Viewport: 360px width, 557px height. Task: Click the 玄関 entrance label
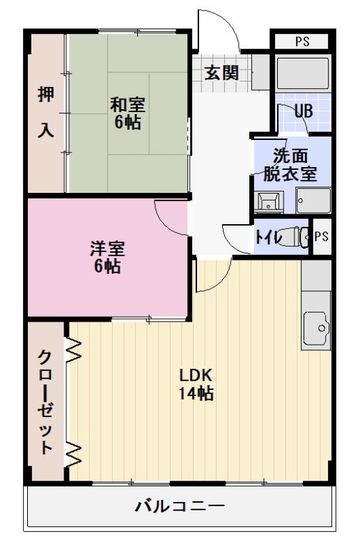point(222,72)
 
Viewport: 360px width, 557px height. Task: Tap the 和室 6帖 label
point(127,113)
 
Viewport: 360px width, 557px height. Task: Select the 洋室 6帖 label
point(107,257)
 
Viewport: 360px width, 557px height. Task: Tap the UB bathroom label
point(303,111)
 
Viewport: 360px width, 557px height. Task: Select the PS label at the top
point(302,40)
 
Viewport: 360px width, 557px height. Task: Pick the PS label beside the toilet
point(321,237)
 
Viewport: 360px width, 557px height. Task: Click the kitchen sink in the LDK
point(316,326)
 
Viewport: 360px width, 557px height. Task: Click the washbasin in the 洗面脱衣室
point(268,203)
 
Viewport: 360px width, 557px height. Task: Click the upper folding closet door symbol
point(74,350)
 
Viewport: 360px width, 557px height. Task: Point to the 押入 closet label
point(45,113)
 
